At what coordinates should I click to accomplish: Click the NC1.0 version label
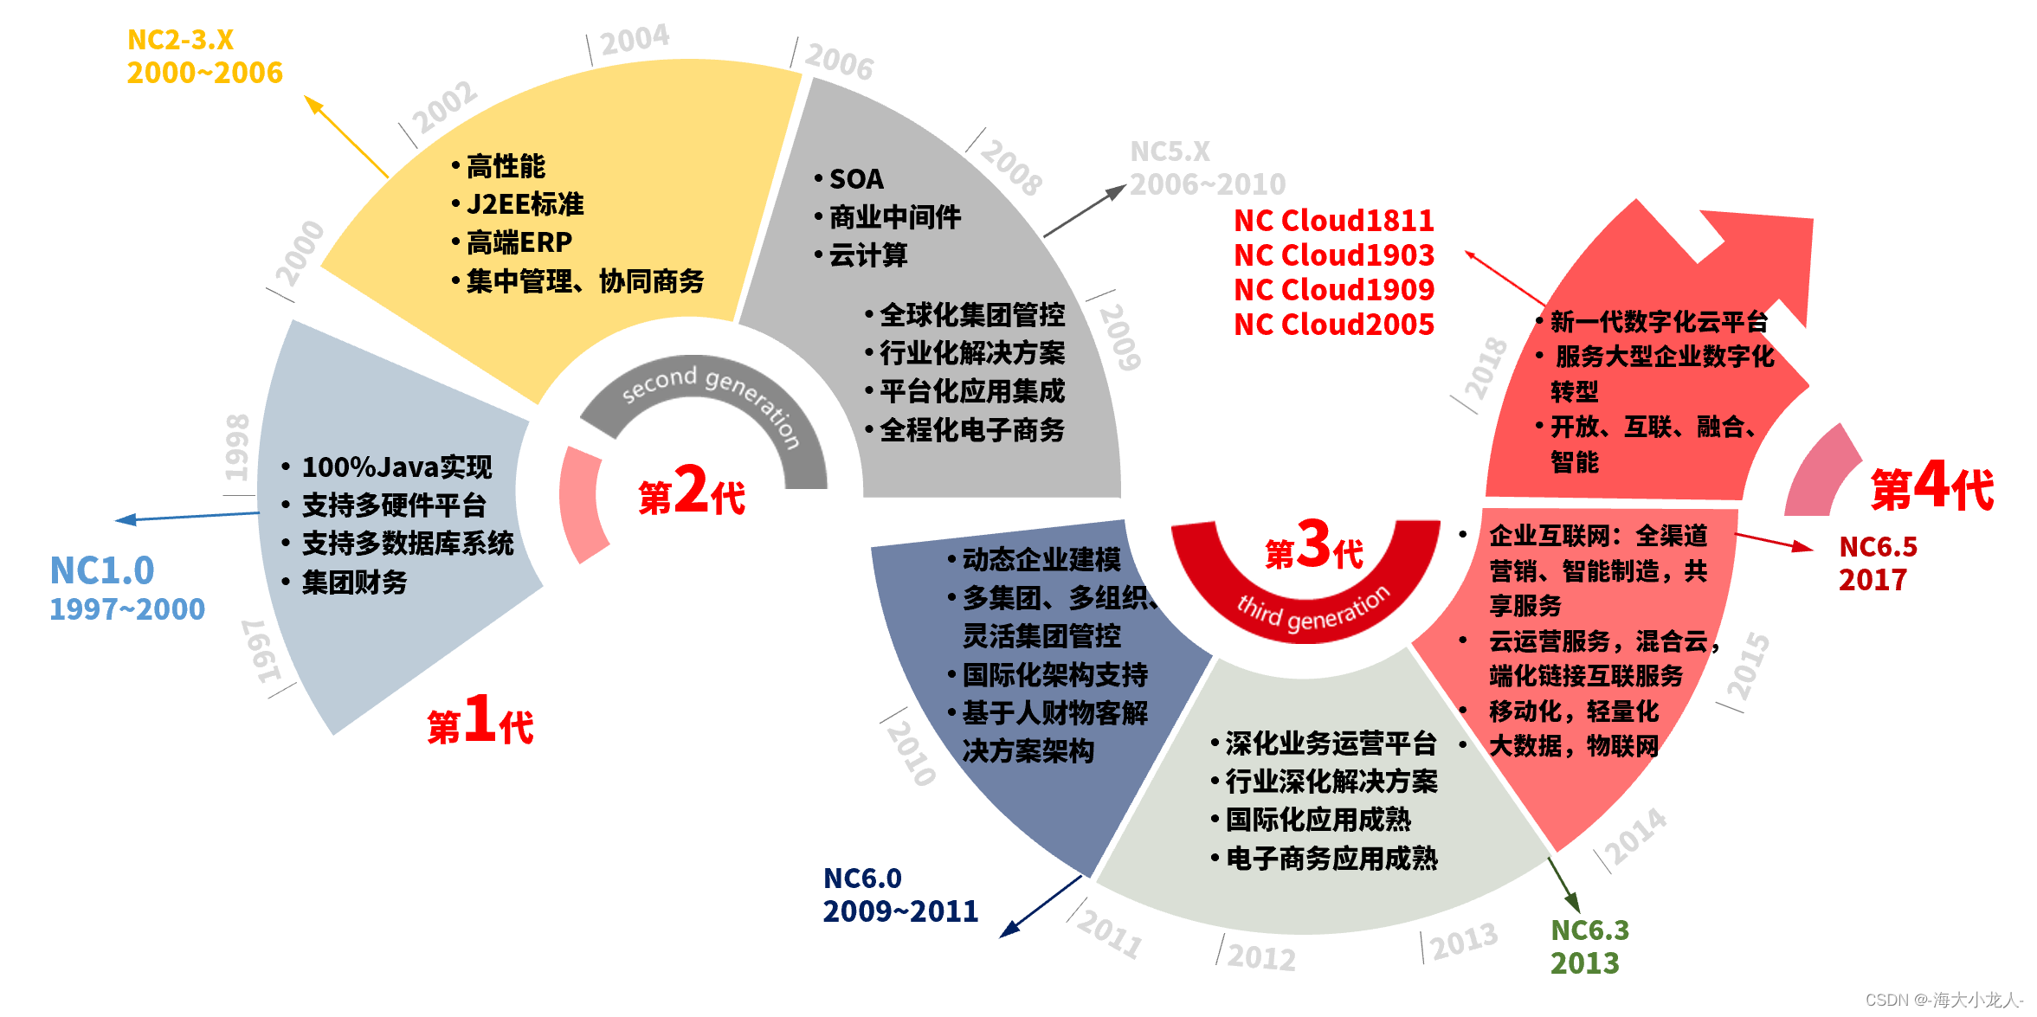pyautogui.click(x=102, y=571)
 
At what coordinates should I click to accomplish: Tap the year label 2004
pyautogui.click(x=635, y=40)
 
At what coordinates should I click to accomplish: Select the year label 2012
pyautogui.click(x=1261, y=957)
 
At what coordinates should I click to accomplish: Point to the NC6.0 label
pyautogui.click(x=862, y=879)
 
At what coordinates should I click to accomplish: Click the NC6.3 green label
pyautogui.click(x=1589, y=930)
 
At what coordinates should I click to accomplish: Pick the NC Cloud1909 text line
pyautogui.click(x=1333, y=290)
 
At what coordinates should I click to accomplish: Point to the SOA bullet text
pyautogui.click(x=856, y=179)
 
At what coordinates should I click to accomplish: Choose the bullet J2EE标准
pyautogui.click(x=525, y=204)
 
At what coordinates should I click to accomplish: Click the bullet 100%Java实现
pyautogui.click(x=396, y=467)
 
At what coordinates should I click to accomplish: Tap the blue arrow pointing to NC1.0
pyautogui.click(x=186, y=517)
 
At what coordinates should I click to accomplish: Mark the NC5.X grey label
pyautogui.click(x=1170, y=152)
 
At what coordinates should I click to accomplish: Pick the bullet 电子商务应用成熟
pyautogui.click(x=1331, y=859)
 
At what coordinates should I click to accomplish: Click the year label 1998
pyautogui.click(x=237, y=447)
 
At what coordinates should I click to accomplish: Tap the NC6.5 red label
pyautogui.click(x=1878, y=547)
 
